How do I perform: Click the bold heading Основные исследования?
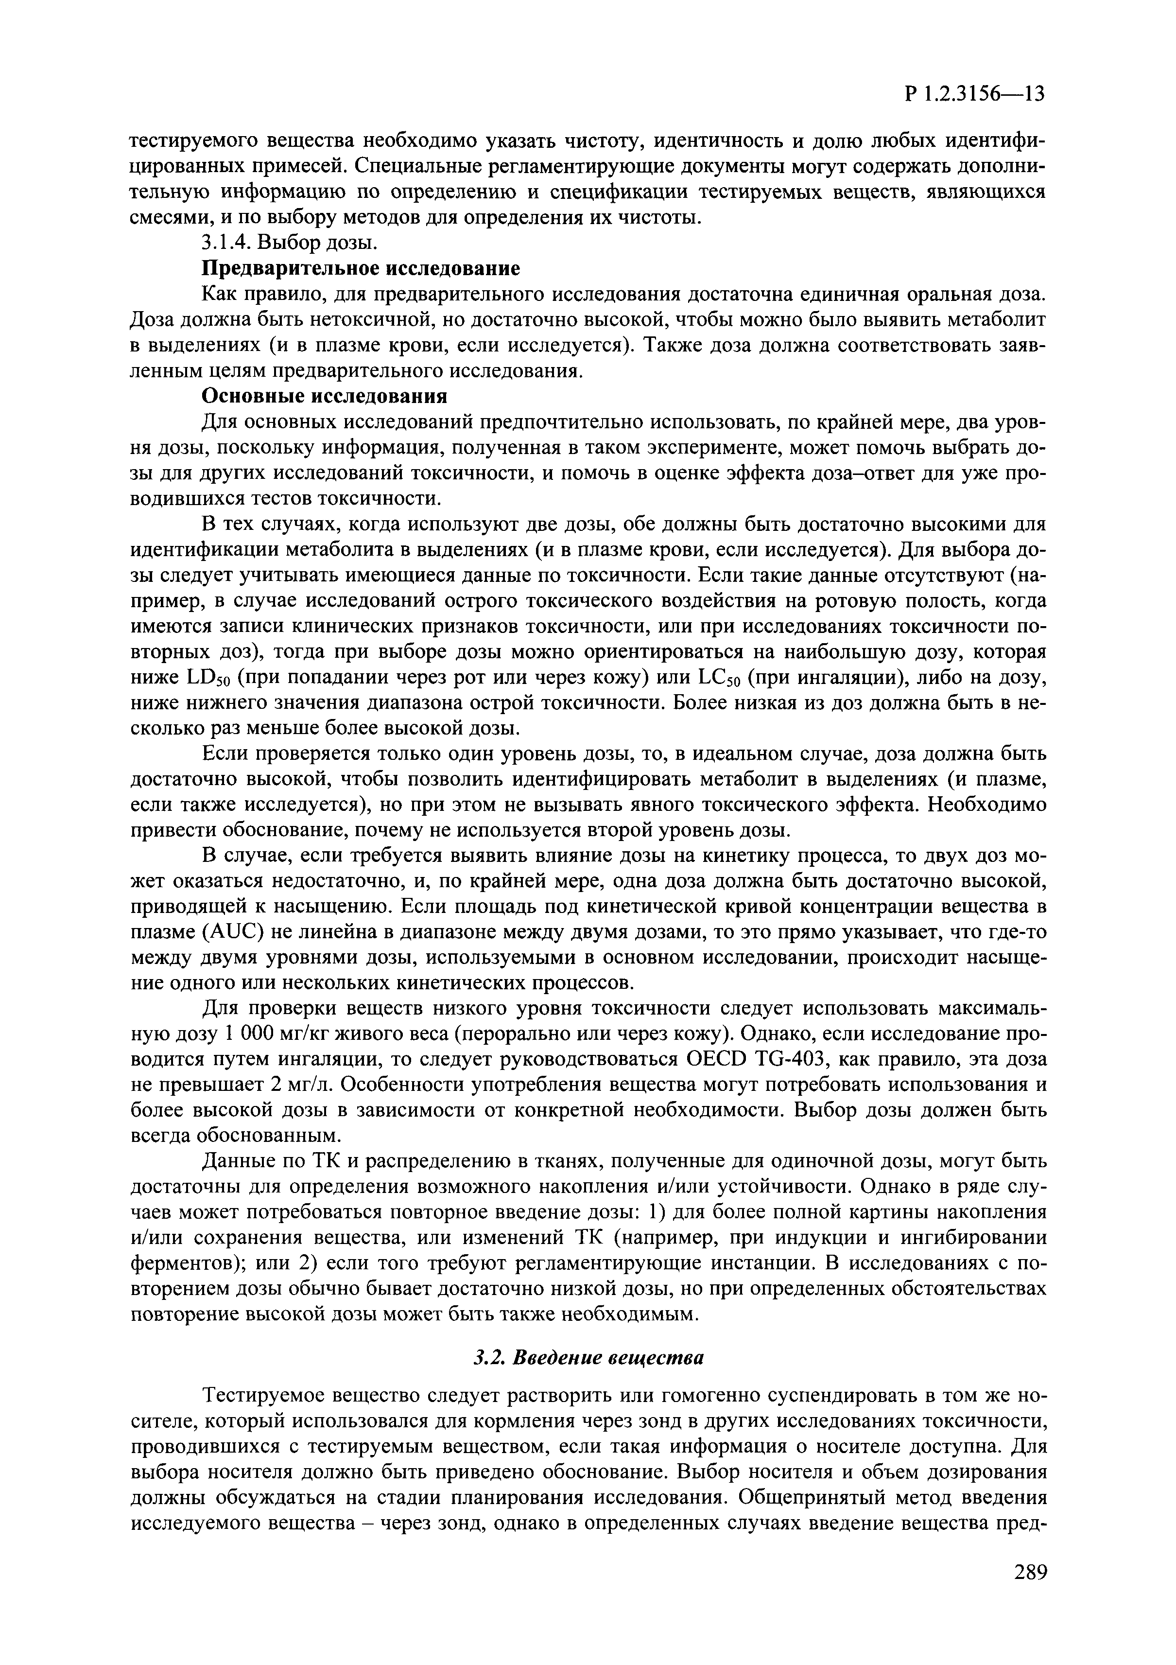[324, 396]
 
